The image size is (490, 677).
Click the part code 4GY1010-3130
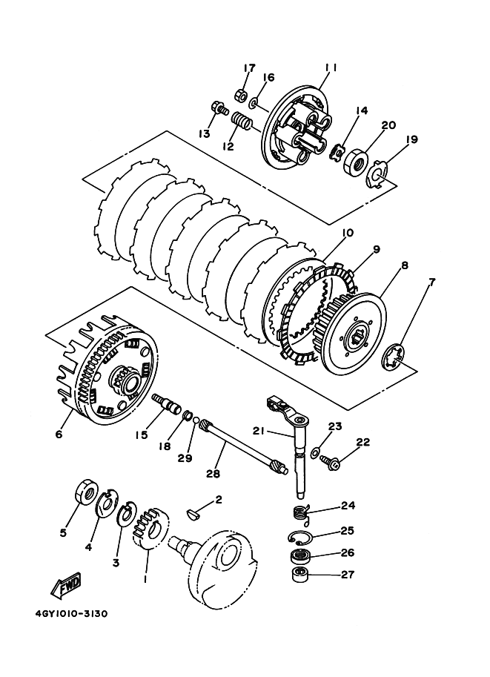(x=72, y=613)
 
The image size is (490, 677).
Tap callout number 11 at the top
(x=331, y=67)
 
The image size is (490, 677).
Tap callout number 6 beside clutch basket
(x=59, y=434)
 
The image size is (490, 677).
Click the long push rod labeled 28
(x=244, y=449)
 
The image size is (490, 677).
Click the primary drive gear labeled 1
(x=149, y=529)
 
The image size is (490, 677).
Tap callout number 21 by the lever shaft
(x=259, y=431)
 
